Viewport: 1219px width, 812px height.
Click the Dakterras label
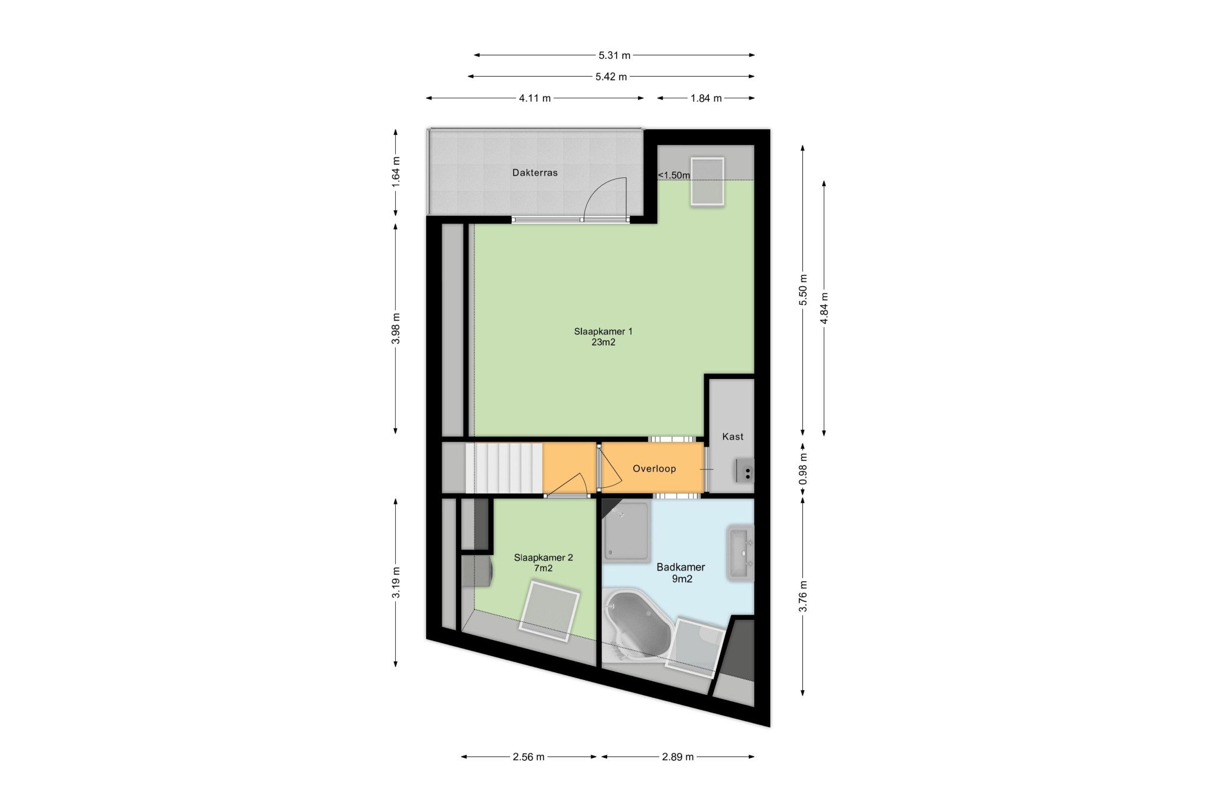535,173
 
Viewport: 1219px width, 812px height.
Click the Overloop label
654,469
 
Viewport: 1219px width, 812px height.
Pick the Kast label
733,437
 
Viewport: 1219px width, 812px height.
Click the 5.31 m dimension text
614,55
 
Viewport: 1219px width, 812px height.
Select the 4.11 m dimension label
535,98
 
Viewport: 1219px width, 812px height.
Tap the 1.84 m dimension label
706,98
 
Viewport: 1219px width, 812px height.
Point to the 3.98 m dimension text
396,328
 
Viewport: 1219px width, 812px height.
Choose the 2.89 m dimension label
677,757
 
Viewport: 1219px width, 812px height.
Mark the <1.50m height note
674,175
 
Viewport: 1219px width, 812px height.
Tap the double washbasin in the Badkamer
740,553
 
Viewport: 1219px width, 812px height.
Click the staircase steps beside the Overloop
508,468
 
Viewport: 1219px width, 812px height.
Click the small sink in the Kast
744,470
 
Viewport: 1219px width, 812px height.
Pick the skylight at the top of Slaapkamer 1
707,182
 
